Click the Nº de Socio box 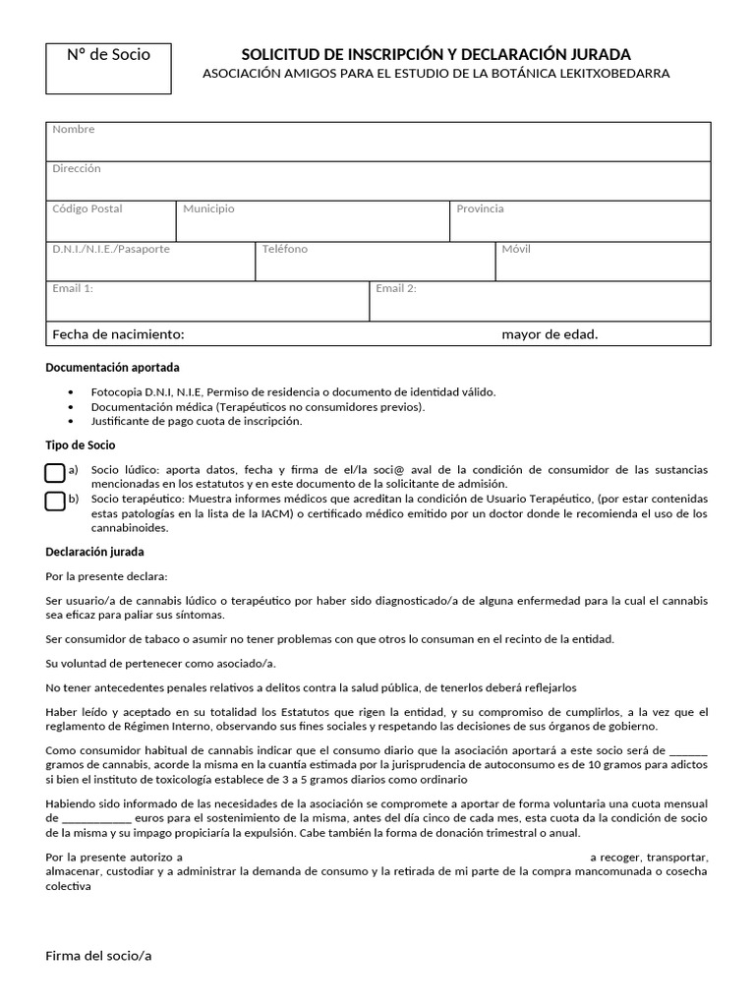coord(109,68)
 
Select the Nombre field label coord(74,130)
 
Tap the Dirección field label coord(77,169)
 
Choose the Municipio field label coord(208,209)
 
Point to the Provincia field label coord(480,209)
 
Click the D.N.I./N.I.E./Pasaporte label coord(111,250)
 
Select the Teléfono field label coord(285,250)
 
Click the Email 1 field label coord(73,289)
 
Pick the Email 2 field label coord(396,289)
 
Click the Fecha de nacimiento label coord(118,335)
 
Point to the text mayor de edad coord(550,335)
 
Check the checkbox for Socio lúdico coord(55,473)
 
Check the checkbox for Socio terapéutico coord(55,502)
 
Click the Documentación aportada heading coord(113,368)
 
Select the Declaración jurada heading coord(95,553)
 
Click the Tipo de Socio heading coord(81,445)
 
